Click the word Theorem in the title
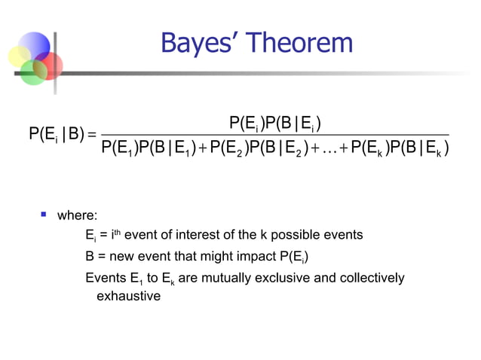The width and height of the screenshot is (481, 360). (302, 43)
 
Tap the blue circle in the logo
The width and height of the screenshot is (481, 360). (34, 46)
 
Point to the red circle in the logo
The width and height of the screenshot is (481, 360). (49, 66)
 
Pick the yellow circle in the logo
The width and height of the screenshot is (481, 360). (20, 57)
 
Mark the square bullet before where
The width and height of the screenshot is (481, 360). (44, 215)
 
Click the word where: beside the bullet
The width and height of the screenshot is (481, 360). (78, 216)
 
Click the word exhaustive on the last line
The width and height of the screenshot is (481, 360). (128, 296)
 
